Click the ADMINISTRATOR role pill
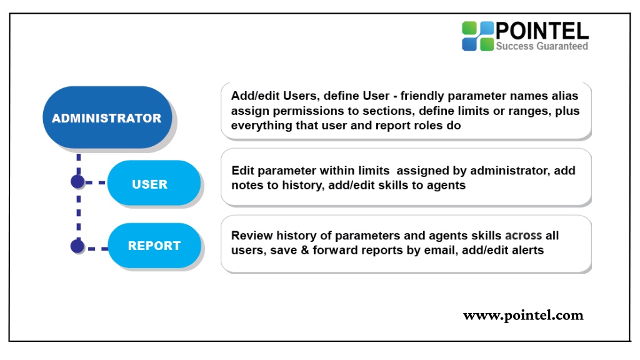click(x=107, y=117)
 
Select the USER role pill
click(x=154, y=183)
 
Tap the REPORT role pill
click(x=154, y=245)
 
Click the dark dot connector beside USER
click(x=77, y=182)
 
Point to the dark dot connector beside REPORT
click(x=77, y=246)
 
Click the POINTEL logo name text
click(x=542, y=31)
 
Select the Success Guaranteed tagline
click(x=542, y=46)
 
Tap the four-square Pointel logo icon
click(x=477, y=36)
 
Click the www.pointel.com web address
click(x=523, y=316)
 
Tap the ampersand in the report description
click(x=305, y=250)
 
